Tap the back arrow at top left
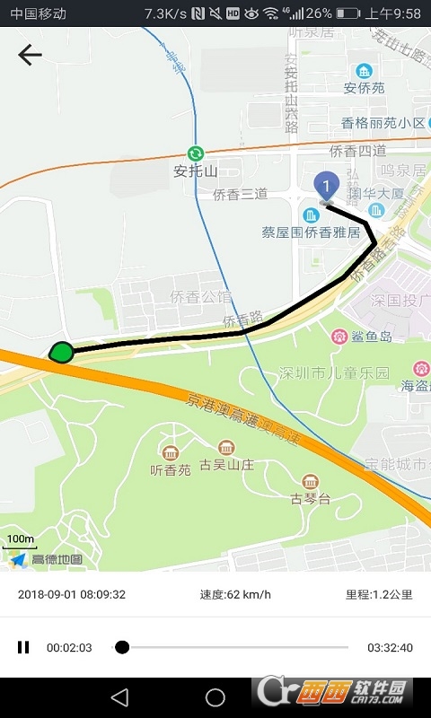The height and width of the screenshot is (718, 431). [30, 55]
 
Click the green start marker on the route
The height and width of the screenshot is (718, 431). [61, 352]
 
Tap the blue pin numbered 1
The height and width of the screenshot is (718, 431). [327, 185]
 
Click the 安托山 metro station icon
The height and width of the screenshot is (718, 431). [195, 153]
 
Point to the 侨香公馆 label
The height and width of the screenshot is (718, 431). [201, 297]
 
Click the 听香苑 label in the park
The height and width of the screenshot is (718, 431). [171, 469]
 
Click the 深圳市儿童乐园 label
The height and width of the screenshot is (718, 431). [334, 372]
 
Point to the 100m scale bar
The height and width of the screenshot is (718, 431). [20, 540]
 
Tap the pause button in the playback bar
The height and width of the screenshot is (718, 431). [23, 647]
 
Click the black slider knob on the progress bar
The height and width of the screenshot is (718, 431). [122, 647]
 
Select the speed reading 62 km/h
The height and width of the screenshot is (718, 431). [235, 594]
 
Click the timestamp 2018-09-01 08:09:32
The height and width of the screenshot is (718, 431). [72, 594]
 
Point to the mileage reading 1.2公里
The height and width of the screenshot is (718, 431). [379, 594]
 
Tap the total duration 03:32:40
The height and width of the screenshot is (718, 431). [390, 647]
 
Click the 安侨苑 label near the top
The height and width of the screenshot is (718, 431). [364, 88]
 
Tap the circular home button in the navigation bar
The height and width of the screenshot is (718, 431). [215, 697]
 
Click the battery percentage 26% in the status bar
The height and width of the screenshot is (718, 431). [319, 13]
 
